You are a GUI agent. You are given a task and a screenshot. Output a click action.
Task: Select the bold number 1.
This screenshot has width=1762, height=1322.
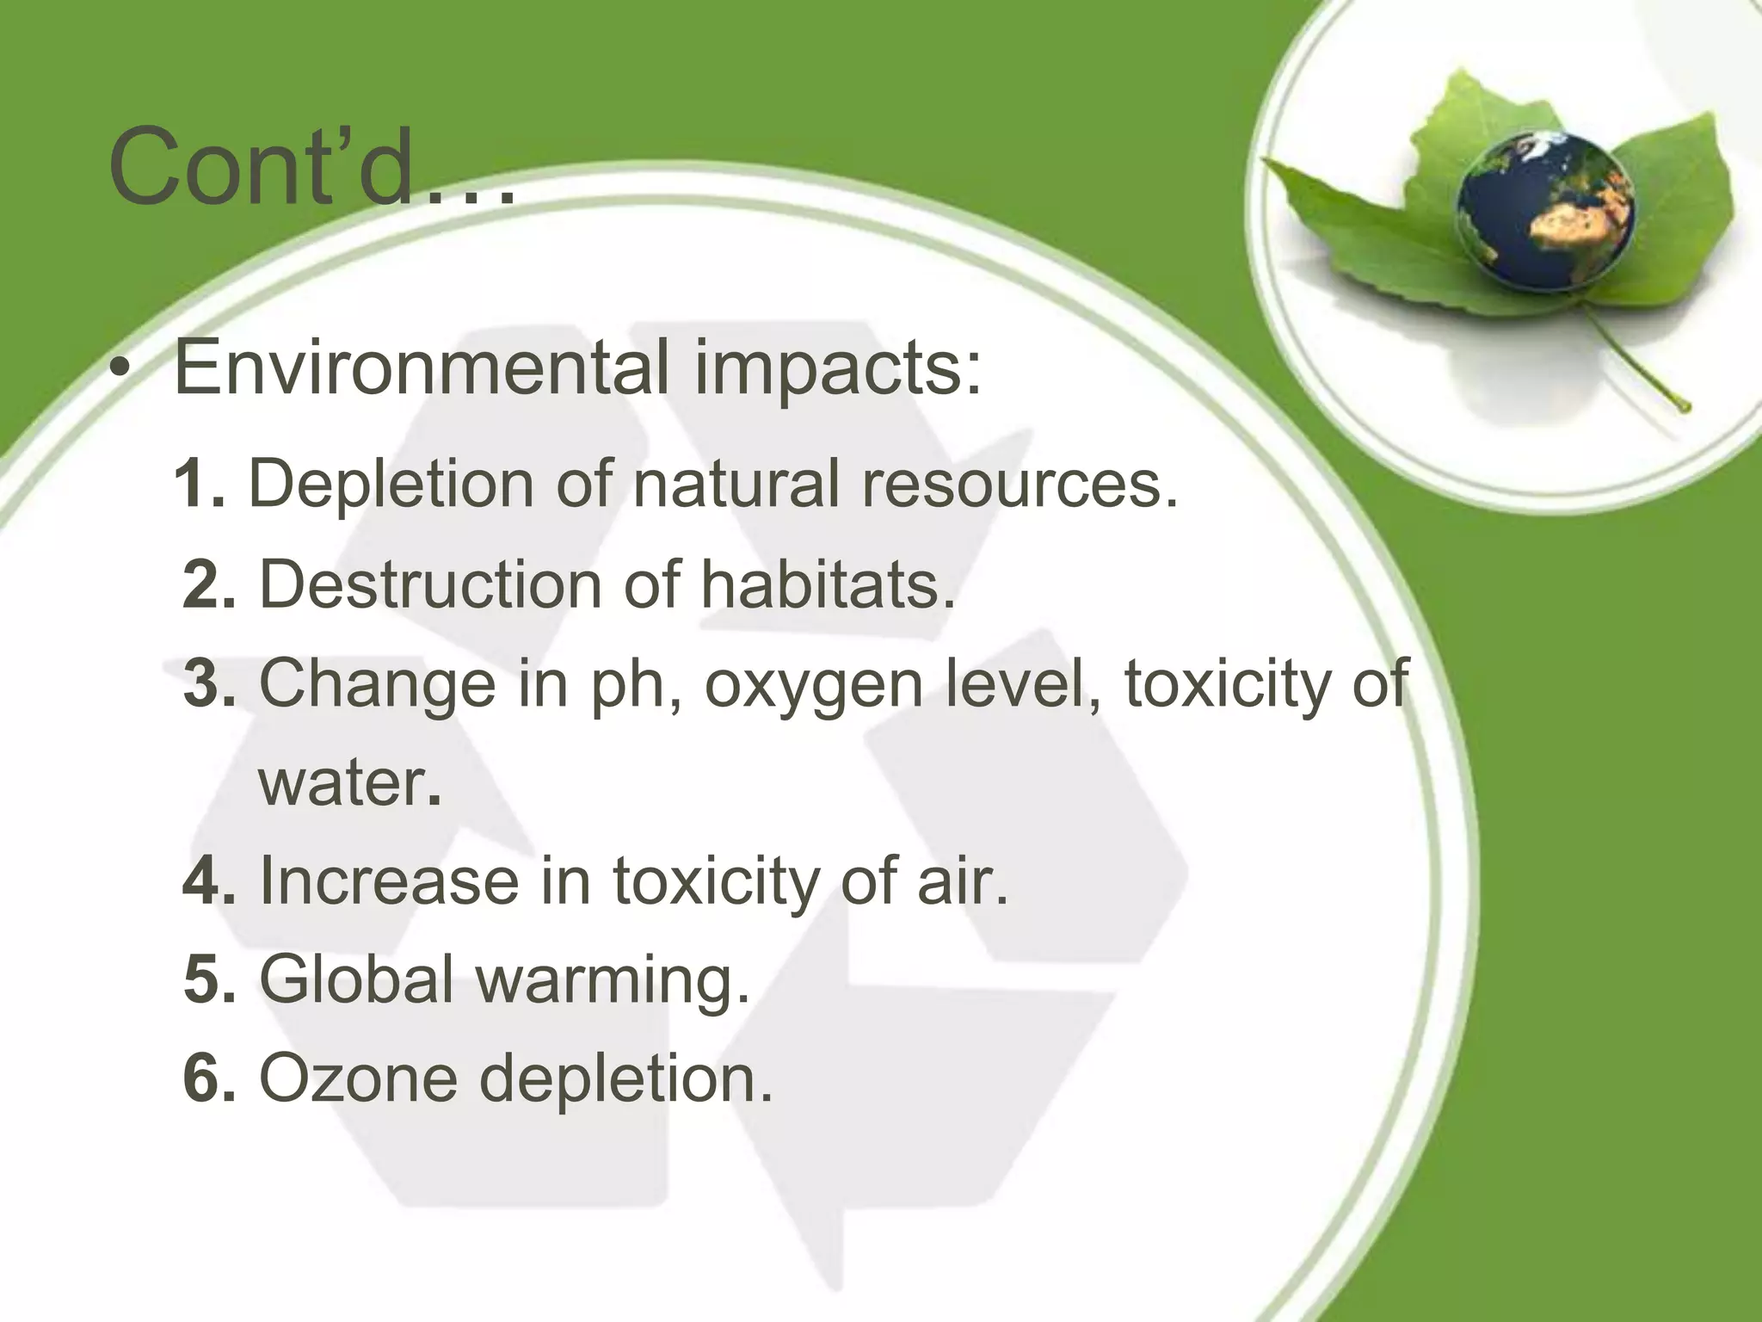tap(200, 484)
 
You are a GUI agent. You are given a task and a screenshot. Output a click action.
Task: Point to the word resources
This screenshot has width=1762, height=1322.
tap(1019, 485)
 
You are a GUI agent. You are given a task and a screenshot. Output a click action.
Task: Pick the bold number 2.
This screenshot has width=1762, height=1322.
tap(209, 584)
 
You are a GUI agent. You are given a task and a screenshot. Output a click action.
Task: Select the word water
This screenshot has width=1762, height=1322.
tap(348, 782)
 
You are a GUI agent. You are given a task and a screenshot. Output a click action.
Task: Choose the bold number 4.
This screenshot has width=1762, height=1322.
tap(209, 880)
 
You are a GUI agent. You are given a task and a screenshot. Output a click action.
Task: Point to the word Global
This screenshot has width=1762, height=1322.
tap(356, 979)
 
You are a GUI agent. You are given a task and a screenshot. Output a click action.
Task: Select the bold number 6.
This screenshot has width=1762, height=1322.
tap(209, 1078)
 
